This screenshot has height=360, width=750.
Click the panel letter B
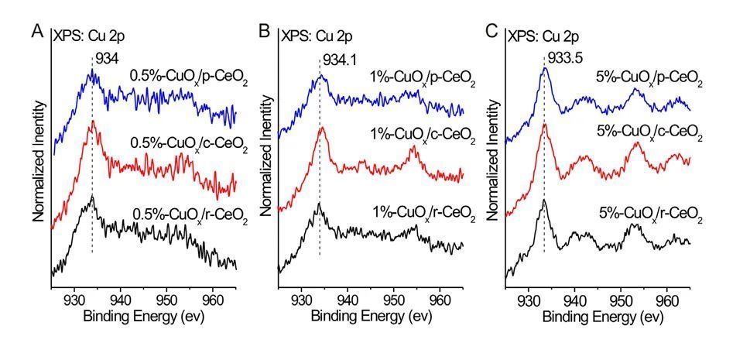(x=264, y=32)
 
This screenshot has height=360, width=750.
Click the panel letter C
(x=491, y=32)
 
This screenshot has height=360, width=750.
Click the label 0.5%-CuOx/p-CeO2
(x=188, y=81)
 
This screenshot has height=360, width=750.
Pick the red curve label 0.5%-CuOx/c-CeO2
(x=188, y=147)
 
